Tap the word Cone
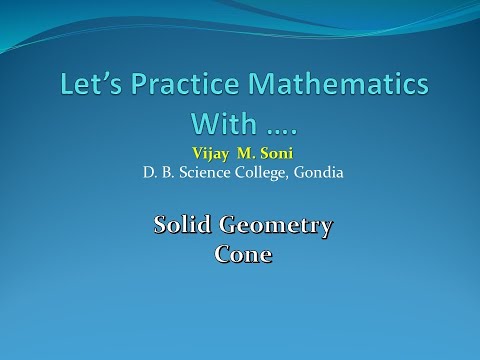[243, 253]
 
